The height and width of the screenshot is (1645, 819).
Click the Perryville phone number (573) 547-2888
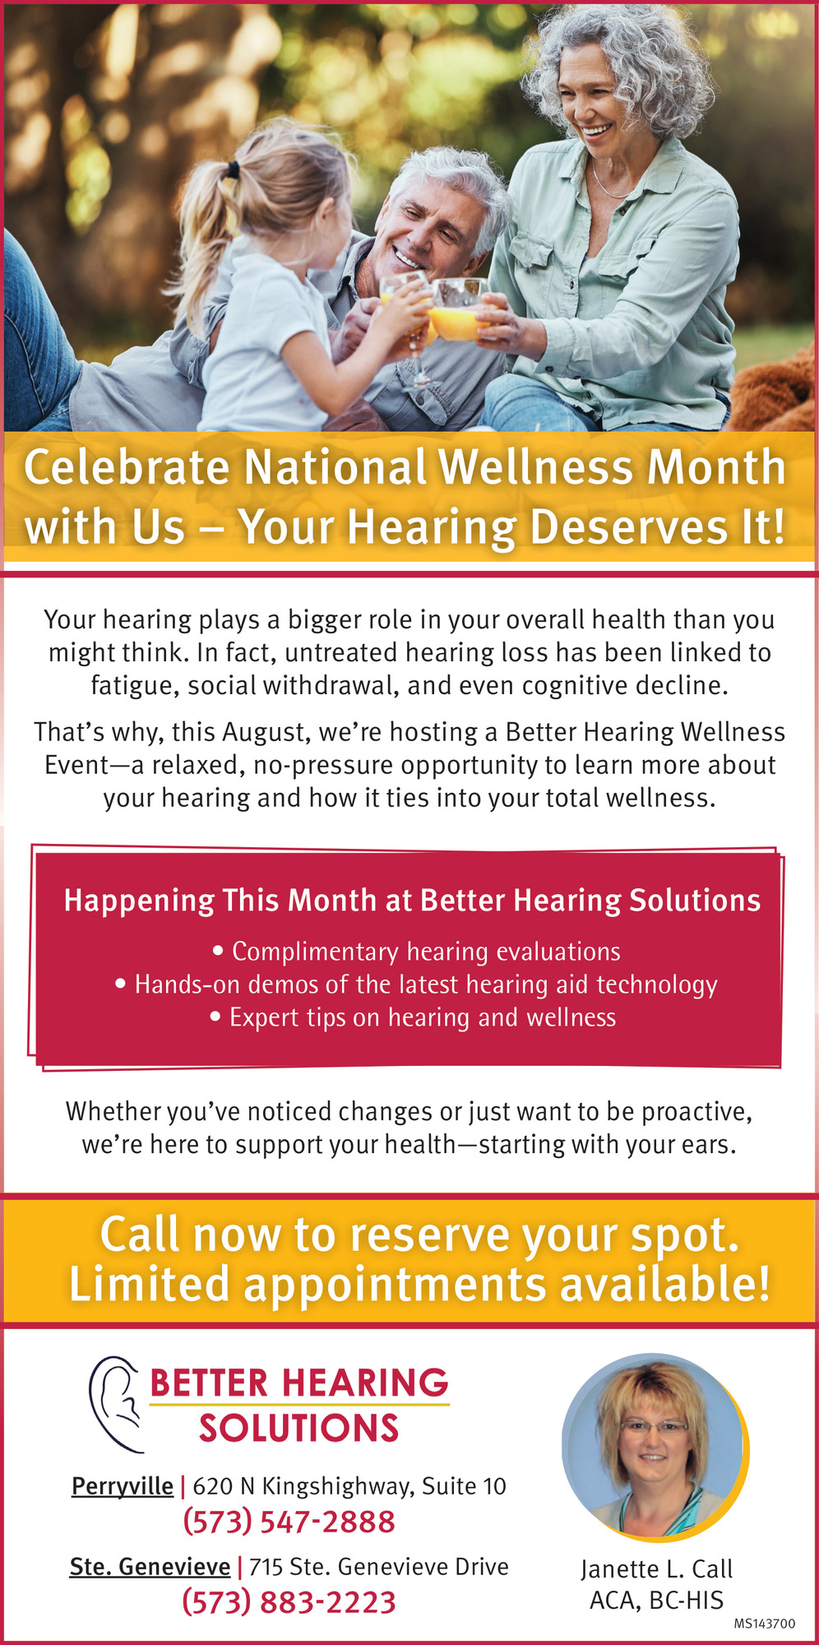pos(289,1522)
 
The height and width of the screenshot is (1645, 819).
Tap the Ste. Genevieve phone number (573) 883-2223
pos(289,1602)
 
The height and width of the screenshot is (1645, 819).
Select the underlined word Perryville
pos(123,1486)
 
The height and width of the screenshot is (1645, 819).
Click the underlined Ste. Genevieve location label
pos(150,1566)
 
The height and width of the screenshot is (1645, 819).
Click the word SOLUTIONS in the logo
pos(298,1429)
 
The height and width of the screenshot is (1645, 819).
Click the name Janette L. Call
pos(656,1569)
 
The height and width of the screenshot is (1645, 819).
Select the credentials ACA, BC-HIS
pos(656,1601)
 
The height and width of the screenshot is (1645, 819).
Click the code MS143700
pos(765,1624)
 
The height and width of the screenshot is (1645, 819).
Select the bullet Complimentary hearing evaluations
pos(416,952)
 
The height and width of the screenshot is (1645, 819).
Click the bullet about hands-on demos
pos(416,985)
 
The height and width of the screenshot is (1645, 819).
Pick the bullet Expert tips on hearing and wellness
pos(413,1017)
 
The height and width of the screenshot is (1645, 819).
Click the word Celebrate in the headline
pos(127,467)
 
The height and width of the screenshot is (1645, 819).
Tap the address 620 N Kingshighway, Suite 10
pos(349,1486)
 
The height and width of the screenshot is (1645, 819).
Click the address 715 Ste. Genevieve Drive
pos(379,1566)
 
